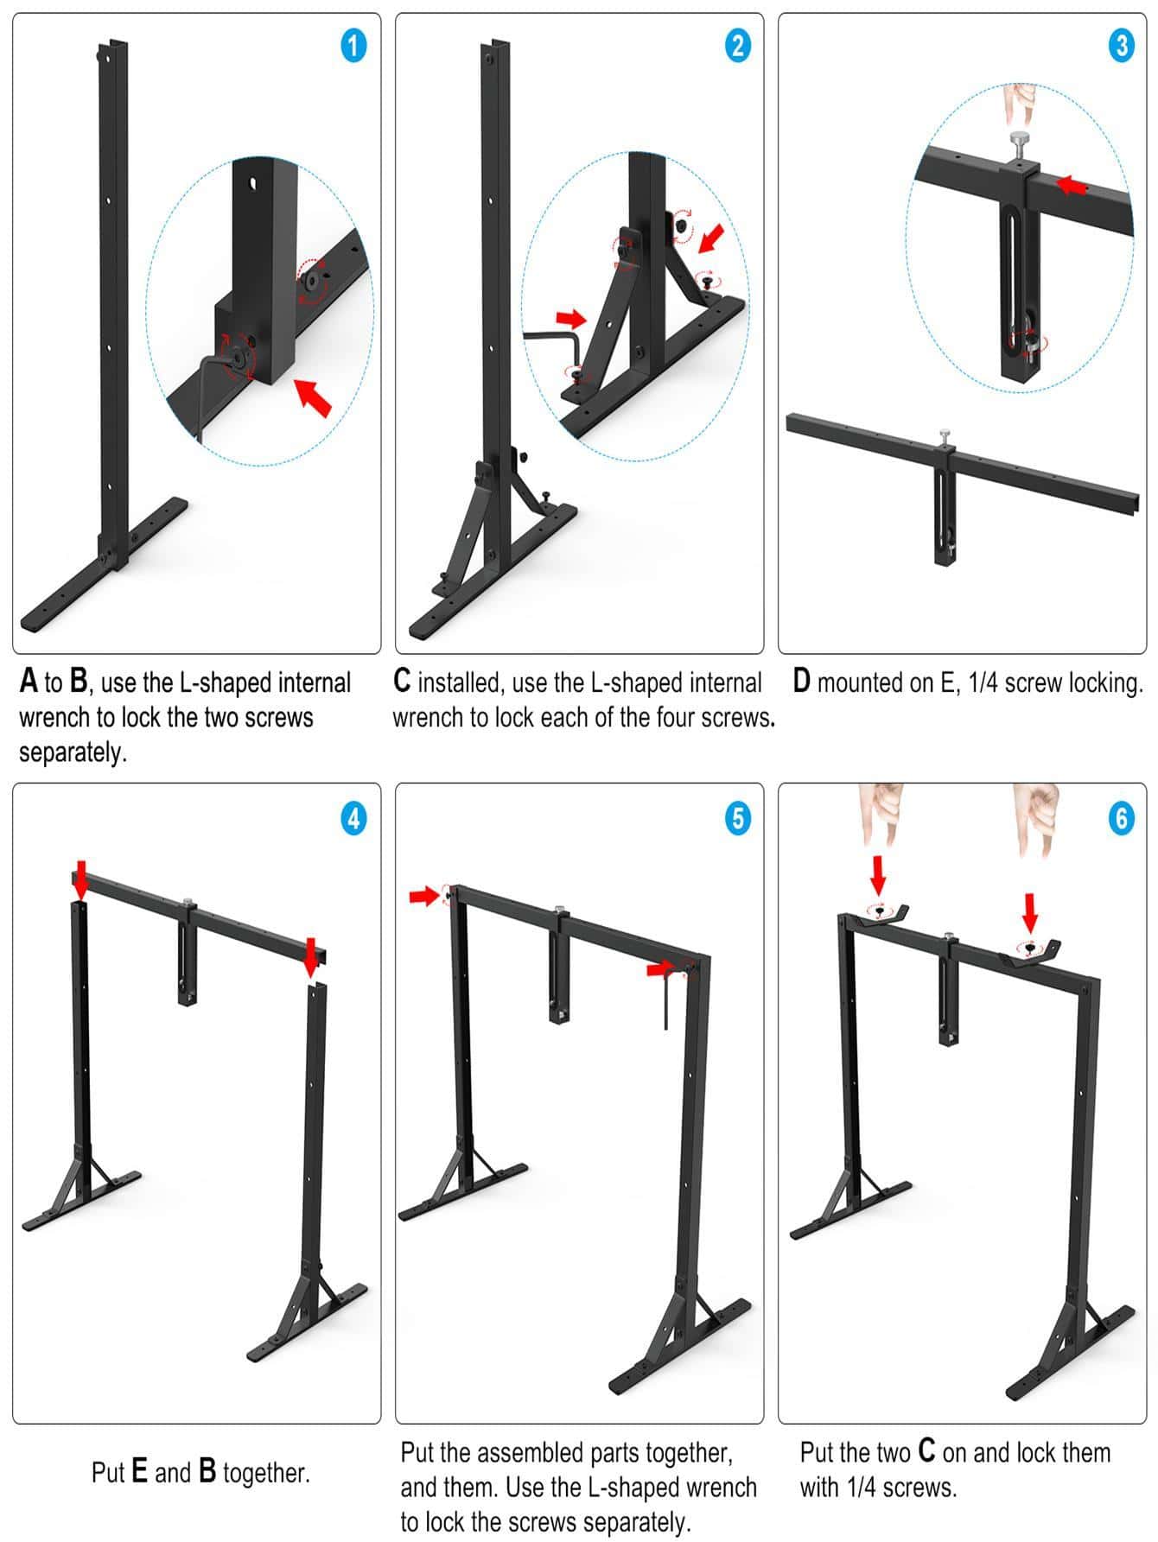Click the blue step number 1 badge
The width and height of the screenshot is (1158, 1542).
[353, 45]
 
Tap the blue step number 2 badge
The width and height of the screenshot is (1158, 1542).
[736, 45]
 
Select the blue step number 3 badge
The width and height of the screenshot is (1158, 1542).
[1121, 45]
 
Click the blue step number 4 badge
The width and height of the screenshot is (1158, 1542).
[353, 817]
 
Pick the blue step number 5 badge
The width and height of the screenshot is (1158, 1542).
[736, 817]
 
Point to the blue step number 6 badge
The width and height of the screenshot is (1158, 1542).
[1121, 817]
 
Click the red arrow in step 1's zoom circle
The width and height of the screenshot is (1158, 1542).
[313, 397]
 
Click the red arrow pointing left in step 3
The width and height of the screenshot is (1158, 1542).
[1072, 184]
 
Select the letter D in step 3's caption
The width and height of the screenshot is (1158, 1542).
[801, 682]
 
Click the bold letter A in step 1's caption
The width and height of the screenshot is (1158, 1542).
[29, 682]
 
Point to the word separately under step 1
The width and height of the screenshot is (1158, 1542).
[73, 752]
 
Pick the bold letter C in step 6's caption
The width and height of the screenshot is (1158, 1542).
[926, 1452]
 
